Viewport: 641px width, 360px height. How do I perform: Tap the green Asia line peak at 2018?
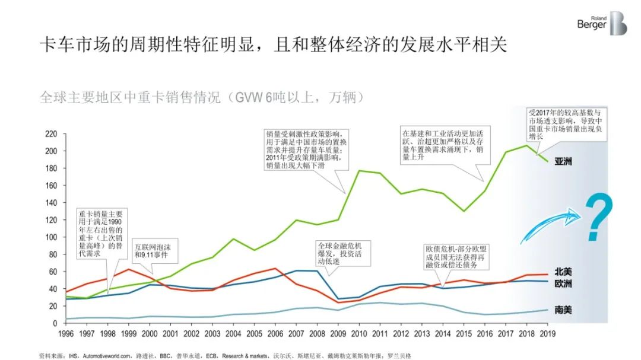(x=526, y=145)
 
